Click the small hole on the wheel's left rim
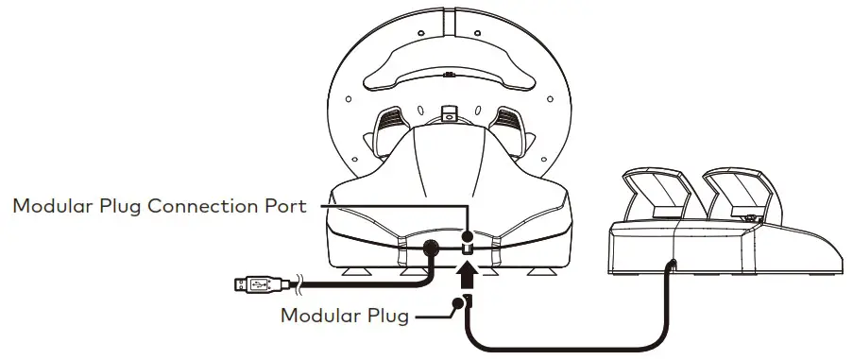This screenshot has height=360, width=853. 348,98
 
